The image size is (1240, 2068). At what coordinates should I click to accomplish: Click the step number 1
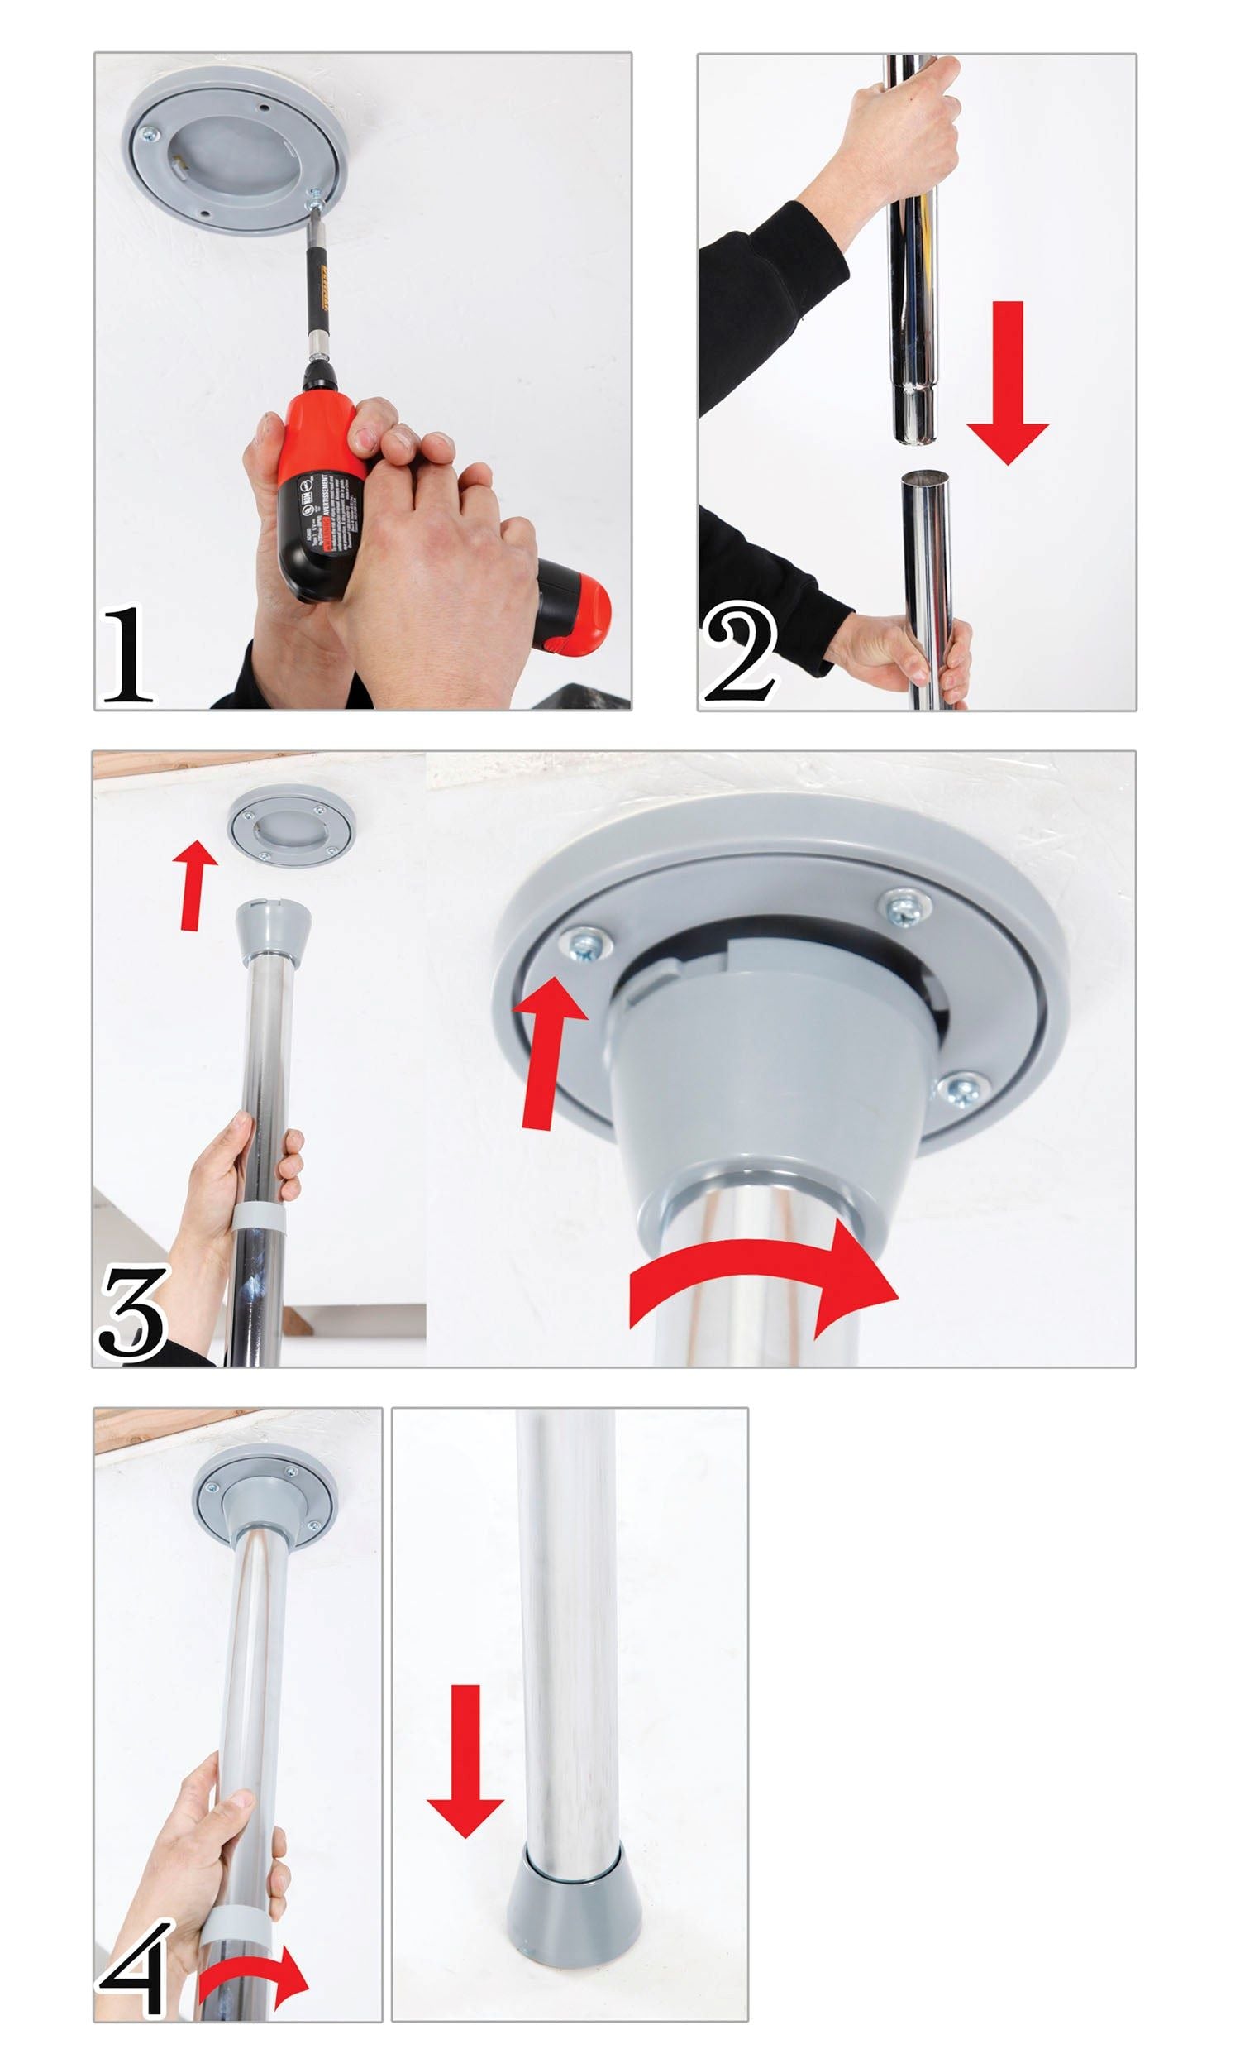(127, 654)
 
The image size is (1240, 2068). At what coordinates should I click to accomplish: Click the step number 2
(740, 654)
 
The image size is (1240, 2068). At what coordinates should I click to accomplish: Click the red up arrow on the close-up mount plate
(548, 1052)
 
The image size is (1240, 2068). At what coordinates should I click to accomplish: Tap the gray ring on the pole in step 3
(259, 1217)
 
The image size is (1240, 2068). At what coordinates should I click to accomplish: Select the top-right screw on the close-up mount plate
(906, 908)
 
